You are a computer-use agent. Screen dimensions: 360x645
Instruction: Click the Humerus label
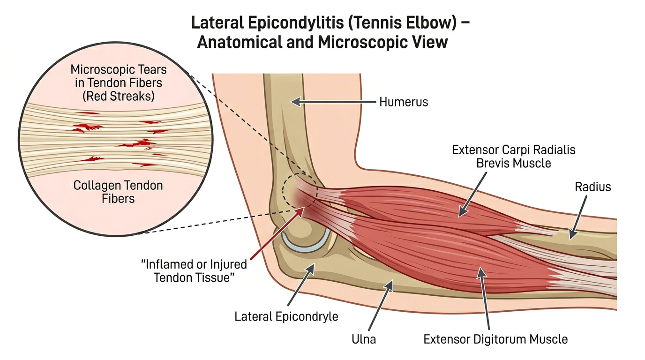coord(403,102)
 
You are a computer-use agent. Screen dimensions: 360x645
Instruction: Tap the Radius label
coord(592,187)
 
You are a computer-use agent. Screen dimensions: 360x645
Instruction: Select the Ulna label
coord(363,338)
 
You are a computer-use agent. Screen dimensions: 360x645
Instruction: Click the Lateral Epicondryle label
coord(286,316)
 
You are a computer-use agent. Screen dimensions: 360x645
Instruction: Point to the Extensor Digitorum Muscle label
coord(495,339)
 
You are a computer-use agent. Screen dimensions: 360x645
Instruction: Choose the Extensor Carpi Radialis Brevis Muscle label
coord(513,157)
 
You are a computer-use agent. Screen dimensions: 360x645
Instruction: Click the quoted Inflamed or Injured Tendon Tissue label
coord(194,270)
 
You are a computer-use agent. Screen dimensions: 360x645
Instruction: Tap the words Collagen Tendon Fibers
coord(118,192)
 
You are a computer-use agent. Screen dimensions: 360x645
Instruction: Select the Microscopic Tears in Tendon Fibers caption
coord(118,83)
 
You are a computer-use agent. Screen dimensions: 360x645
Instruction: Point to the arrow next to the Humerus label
coord(333,101)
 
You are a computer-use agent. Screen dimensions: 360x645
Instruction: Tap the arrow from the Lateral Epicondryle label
coord(300,286)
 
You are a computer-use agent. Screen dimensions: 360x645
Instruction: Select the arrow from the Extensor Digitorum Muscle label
coord(485,300)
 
